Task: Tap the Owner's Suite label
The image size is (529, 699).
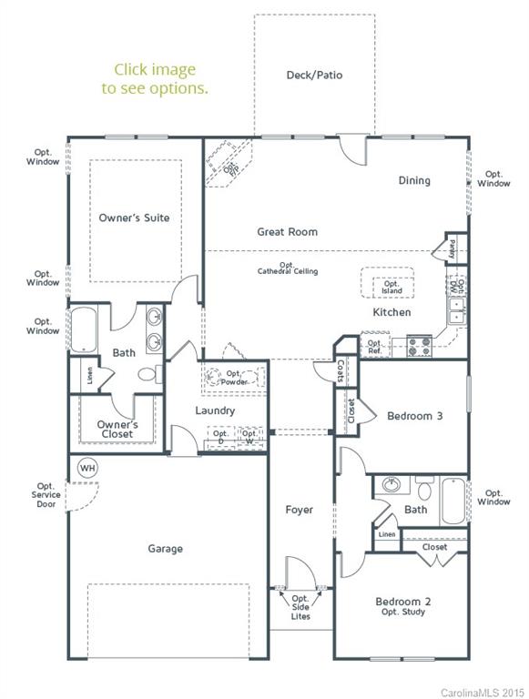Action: (134, 218)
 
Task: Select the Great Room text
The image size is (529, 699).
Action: (287, 232)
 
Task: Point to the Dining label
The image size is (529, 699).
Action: (414, 180)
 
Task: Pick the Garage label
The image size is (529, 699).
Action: (166, 549)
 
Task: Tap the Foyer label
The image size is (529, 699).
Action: (299, 510)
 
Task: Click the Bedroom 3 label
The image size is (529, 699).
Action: (414, 416)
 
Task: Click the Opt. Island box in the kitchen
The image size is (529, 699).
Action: (391, 284)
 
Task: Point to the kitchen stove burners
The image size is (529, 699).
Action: (418, 346)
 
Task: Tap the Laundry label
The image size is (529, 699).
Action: (215, 410)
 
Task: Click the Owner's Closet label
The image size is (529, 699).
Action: (117, 429)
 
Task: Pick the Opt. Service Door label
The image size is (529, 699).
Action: (46, 495)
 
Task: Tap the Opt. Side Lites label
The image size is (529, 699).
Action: (300, 607)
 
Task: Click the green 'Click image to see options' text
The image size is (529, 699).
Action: (155, 79)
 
